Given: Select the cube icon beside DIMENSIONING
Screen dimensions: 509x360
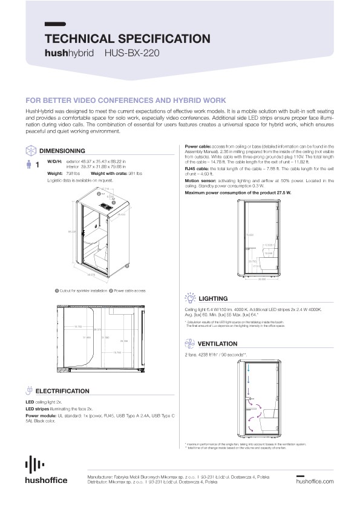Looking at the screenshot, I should pos(30,150).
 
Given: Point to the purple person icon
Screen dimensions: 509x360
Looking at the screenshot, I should pos(28,164).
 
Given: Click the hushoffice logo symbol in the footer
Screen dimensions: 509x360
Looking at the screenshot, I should pos(34,465).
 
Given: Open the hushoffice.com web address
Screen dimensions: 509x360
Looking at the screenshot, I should pos(315,481).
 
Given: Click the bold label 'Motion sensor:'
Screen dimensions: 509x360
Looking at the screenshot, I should pos(200,180).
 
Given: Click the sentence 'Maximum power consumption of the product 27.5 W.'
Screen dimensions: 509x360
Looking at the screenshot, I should pos(229,192).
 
